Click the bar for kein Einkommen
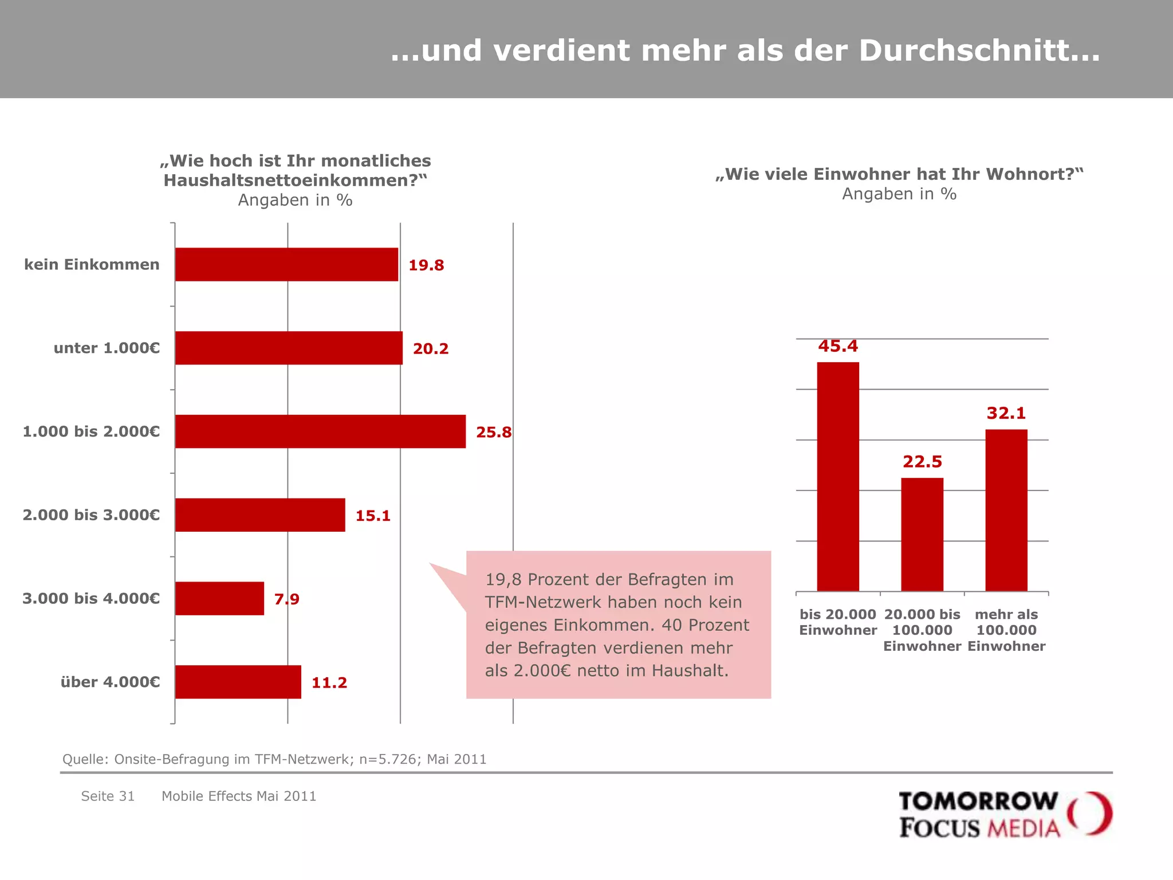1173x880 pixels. [286, 264]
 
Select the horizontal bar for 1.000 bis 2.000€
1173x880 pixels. [320, 431]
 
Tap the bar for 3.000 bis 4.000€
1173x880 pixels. [219, 599]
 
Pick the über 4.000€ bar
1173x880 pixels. [238, 682]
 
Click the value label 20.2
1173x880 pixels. [431, 348]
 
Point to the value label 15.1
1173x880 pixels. [373, 516]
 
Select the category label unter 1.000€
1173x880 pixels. [107, 348]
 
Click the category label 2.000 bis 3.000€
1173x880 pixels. [91, 515]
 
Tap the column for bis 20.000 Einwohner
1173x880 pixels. [838, 476]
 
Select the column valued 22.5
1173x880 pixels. [922, 534]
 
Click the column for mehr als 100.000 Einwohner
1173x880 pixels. [1006, 510]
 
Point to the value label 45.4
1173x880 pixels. [838, 346]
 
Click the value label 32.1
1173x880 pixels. [1006, 413]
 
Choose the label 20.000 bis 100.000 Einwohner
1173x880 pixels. [922, 630]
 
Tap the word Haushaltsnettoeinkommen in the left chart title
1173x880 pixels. [289, 180]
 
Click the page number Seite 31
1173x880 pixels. [108, 796]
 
